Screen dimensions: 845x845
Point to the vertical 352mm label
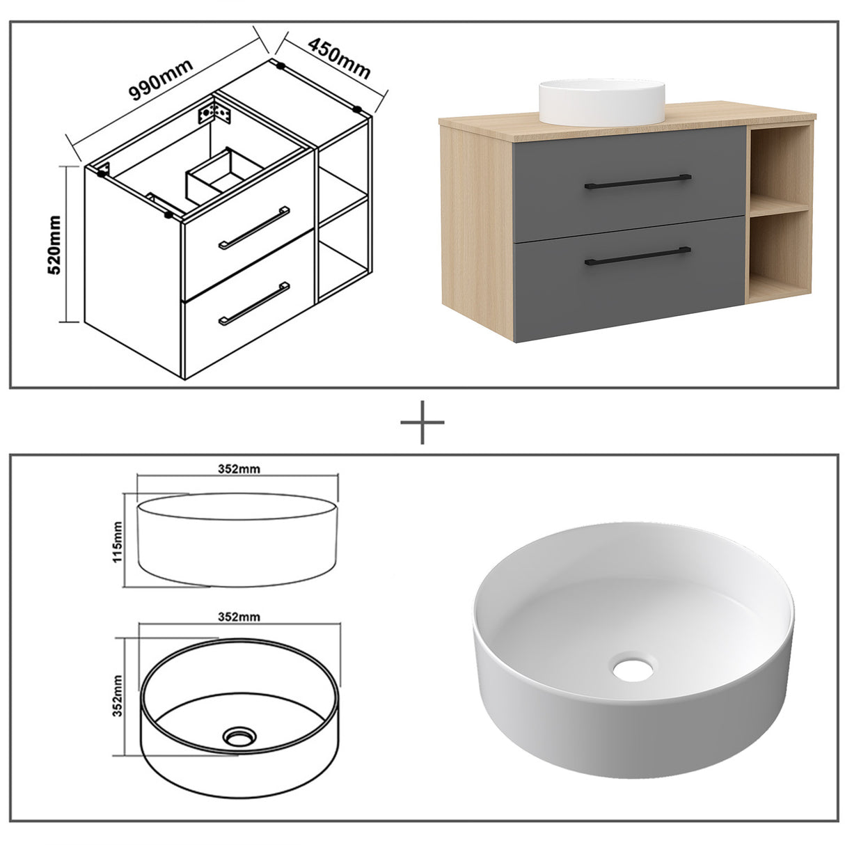(x=118, y=696)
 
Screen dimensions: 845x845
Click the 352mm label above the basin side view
(x=239, y=468)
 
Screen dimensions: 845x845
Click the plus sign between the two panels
(x=422, y=422)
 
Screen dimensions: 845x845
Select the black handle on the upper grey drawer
(x=638, y=180)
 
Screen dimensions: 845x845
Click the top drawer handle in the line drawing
(x=254, y=227)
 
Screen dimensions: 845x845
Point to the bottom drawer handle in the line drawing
(x=254, y=303)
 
